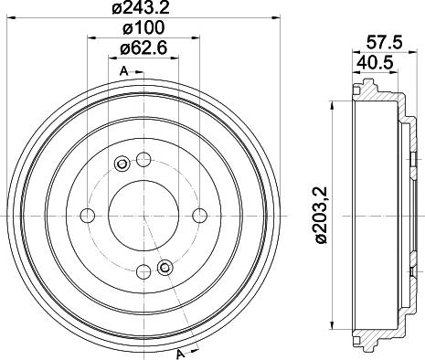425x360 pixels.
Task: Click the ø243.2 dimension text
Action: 143,10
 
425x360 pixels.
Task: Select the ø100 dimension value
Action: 143,30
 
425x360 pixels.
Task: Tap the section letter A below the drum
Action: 181,354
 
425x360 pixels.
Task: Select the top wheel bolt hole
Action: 143,161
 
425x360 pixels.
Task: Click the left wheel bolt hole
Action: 89,216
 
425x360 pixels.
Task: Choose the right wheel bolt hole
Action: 199,216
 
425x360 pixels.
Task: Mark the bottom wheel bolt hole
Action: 143,271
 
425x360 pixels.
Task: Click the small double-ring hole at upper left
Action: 122,164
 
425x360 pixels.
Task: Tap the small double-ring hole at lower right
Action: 165,267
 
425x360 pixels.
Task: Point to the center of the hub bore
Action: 143,216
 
